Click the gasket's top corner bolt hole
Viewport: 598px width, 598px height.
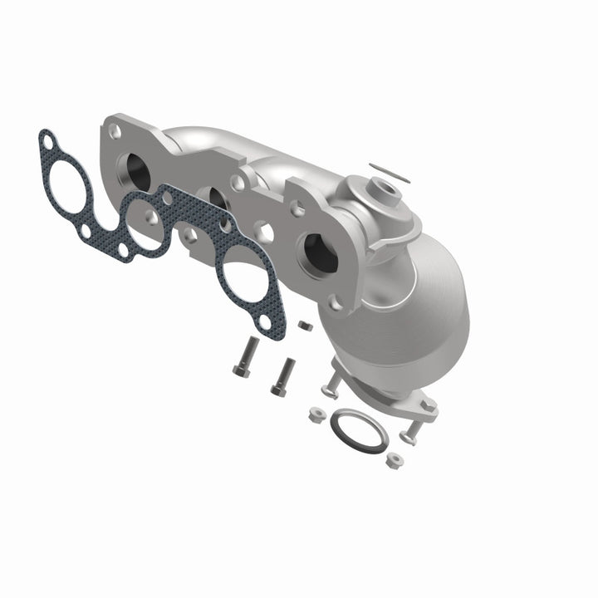48,139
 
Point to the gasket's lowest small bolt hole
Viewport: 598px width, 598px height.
264,320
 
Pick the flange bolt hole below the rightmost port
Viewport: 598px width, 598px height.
336,303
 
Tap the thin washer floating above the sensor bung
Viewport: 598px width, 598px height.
390,171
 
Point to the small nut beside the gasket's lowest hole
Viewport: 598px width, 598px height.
304,325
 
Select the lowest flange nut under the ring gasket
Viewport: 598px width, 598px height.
395,458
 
